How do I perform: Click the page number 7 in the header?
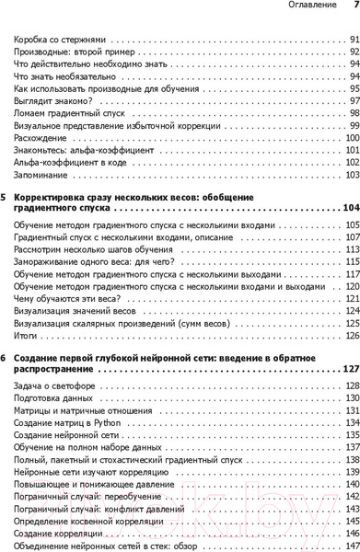(x=354, y=7)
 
